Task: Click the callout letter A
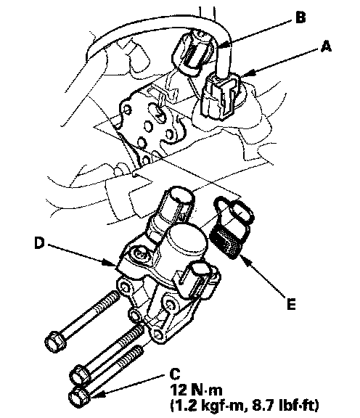point(326,46)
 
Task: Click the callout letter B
point(300,17)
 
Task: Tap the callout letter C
point(175,374)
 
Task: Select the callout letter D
point(39,243)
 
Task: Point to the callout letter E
point(291,303)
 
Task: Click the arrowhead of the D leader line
point(112,263)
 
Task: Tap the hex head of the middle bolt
point(80,375)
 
